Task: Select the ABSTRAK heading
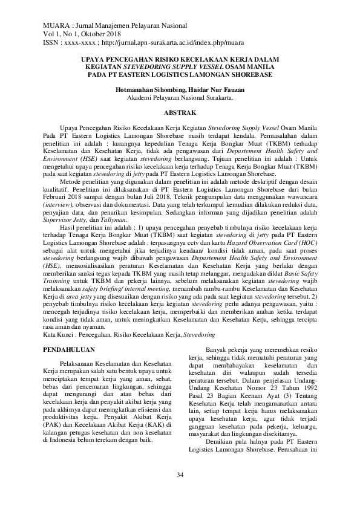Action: coord(180,113)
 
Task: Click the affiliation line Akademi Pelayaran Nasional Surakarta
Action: coord(180,97)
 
